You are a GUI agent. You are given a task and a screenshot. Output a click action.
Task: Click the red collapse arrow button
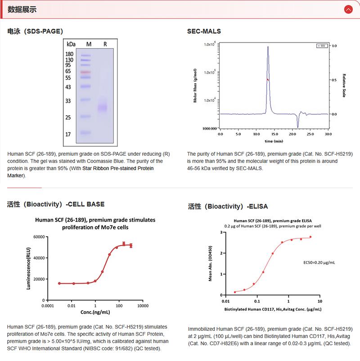coord(348,9)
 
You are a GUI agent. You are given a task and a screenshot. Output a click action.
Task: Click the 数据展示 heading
coord(22,9)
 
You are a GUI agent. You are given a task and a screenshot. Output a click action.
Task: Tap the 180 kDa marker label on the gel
coord(70,54)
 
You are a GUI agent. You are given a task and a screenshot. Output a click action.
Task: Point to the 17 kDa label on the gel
coord(68,134)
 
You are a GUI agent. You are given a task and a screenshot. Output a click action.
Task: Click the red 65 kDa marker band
coord(86,72)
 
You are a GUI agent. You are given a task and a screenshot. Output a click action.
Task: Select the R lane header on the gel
coord(105,44)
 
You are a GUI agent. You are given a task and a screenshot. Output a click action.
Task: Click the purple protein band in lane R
coord(103,107)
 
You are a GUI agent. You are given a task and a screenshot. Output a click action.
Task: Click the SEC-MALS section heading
coord(204,31)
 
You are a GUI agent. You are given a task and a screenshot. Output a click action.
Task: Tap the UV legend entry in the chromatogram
coord(322,46)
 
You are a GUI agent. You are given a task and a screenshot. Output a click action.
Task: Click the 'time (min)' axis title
coord(274,141)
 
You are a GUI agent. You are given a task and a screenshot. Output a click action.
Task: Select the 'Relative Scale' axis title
coord(344,86)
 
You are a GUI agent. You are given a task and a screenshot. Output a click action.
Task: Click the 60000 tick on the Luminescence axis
coord(36,237)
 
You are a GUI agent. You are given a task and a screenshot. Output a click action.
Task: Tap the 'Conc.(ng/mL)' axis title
coord(95,311)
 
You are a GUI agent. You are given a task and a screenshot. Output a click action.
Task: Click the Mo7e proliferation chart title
coord(95,224)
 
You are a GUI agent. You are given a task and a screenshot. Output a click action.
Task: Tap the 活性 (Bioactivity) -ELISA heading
coord(228,207)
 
